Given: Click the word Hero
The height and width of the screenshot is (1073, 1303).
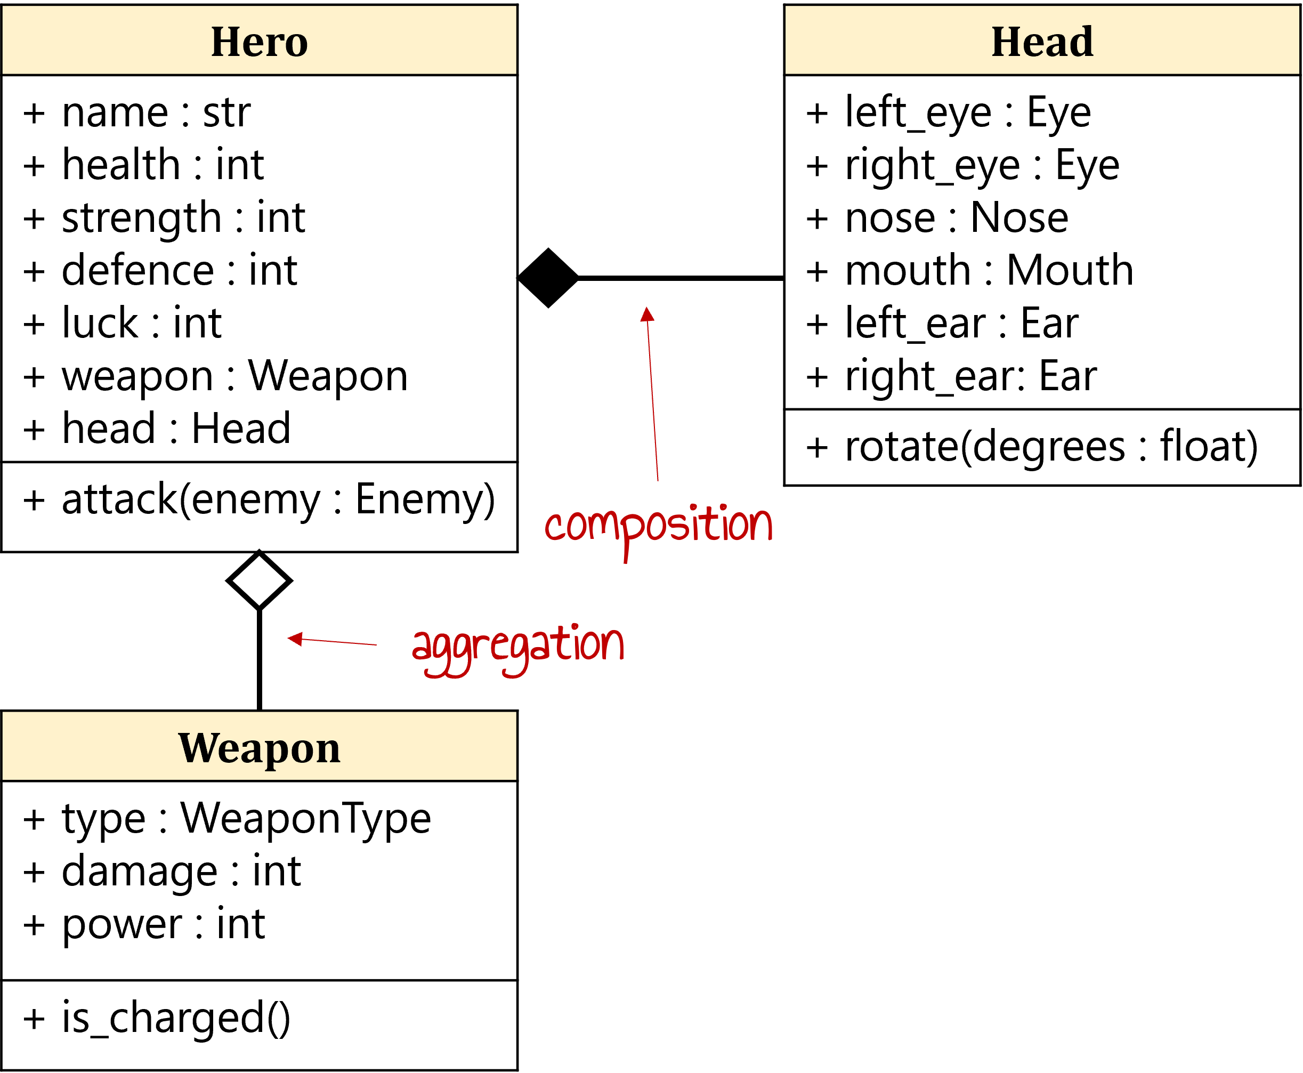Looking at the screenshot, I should pos(260,42).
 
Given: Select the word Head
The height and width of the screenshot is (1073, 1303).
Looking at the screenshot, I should pos(1042,42).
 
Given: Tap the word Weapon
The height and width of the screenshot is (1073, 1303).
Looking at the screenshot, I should pos(260,748).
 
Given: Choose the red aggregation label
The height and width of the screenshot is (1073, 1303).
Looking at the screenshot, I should pos(519,646).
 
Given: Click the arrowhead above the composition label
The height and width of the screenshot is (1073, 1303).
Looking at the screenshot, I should pos(647,315).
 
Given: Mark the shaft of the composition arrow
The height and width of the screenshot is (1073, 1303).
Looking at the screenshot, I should pos(652,402).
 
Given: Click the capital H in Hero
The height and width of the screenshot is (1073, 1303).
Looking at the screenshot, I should pos(225,42).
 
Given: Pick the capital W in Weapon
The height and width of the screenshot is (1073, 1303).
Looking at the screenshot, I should pos(197,748).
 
